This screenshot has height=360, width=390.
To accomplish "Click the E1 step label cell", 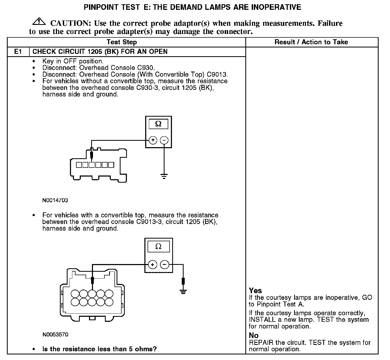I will (x=18, y=51).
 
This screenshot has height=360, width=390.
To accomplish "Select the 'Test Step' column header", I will (x=122, y=42).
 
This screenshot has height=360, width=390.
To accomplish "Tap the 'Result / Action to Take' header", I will (x=311, y=42).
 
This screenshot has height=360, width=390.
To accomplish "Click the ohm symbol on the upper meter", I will (x=158, y=124).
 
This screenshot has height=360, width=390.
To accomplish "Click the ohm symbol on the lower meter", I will (x=158, y=247).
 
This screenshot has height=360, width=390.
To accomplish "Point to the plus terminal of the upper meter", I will (x=153, y=140).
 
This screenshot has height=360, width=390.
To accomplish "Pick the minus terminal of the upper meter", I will (x=165, y=140).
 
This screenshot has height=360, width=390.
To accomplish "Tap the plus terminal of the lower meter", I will (x=152, y=265).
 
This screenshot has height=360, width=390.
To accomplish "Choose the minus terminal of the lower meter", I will (x=165, y=265).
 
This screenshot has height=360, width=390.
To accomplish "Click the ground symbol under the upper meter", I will (x=164, y=176).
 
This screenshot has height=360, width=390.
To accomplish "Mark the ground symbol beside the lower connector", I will (x=183, y=292).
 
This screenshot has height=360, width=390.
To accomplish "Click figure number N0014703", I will (x=55, y=200).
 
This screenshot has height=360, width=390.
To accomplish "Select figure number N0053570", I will (x=55, y=335).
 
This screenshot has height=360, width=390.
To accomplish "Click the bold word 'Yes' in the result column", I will (x=255, y=291).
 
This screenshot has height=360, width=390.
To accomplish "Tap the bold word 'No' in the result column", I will (x=254, y=336).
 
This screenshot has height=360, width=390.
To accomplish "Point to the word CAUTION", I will (x=71, y=23).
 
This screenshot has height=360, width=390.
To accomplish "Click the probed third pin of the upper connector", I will (x=92, y=165).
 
